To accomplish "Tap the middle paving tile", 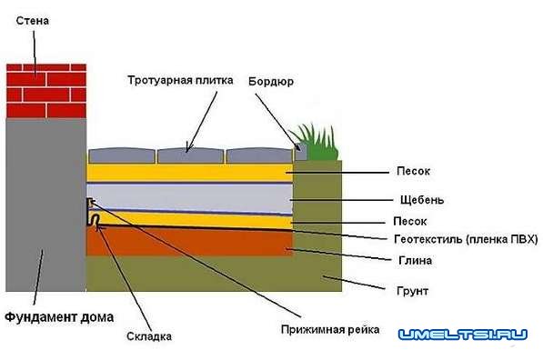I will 190,154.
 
